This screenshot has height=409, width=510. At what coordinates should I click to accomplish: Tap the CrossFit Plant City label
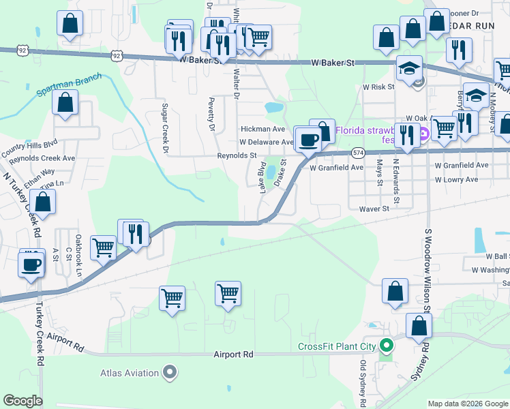pos(337,346)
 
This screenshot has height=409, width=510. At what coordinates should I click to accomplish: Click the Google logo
pos(22,401)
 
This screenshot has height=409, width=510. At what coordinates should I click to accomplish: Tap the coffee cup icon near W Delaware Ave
pos(307,139)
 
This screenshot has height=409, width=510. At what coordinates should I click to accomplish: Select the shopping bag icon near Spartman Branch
pos(65,104)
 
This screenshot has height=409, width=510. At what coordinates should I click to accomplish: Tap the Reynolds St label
pos(237,155)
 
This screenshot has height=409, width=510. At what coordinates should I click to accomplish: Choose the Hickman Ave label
pos(262,128)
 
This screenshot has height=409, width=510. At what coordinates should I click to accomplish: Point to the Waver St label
pos(374,209)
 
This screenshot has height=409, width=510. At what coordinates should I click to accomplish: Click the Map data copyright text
pos(467,404)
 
